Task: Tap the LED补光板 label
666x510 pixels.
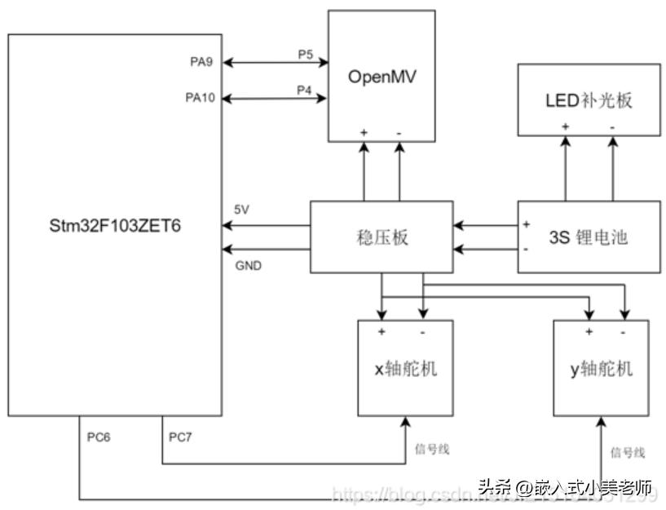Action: [x=589, y=101]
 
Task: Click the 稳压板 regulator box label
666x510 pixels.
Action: [x=382, y=238]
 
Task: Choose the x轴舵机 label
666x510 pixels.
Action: [x=405, y=369]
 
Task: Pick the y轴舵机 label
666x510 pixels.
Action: [x=602, y=369]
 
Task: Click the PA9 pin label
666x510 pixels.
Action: [x=201, y=62]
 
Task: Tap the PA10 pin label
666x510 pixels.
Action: [x=201, y=98]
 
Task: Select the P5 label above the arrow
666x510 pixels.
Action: [x=305, y=54]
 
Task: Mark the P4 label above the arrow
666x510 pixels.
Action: [x=305, y=91]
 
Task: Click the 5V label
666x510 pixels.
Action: [x=242, y=210]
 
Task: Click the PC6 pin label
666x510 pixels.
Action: [x=99, y=437]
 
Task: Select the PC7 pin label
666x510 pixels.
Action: [x=180, y=437]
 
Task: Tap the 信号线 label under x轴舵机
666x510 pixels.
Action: [x=432, y=449]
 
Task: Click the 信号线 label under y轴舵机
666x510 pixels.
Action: [x=628, y=452]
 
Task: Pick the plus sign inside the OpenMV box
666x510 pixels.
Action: [x=364, y=131]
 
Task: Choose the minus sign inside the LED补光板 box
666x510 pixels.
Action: [x=611, y=126]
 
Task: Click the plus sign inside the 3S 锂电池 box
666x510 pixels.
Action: [x=527, y=224]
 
